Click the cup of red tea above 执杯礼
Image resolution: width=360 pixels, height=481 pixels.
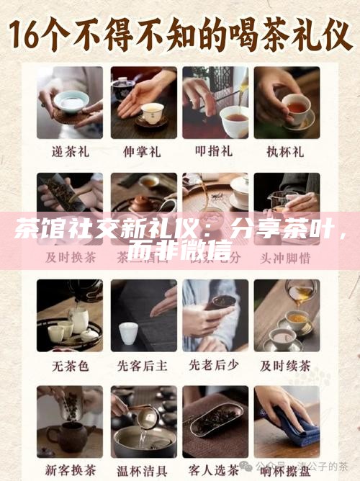coord(296,110)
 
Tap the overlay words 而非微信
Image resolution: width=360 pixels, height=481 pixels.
coord(179,251)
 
